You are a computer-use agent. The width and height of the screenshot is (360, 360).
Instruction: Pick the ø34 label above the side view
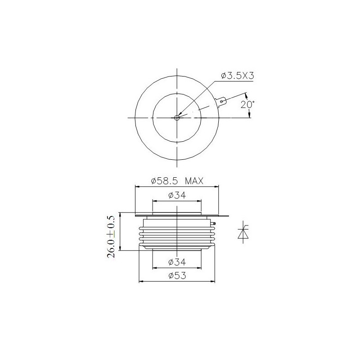pos(177,195)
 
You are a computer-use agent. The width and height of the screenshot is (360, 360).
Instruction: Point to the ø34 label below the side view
pos(177,262)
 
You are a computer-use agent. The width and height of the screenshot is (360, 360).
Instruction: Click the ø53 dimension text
pos(177,276)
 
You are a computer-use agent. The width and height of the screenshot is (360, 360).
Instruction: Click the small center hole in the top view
pos(177,118)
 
